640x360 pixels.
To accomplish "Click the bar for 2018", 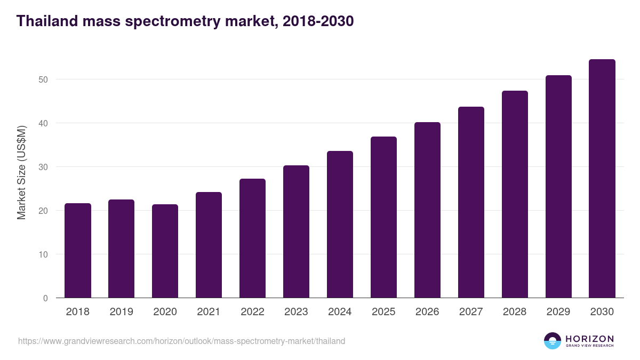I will tap(78, 251).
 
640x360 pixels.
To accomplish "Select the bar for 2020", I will tap(165, 251).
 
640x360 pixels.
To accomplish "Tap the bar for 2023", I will tap(296, 231).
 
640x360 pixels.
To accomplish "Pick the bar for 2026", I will tap(427, 210).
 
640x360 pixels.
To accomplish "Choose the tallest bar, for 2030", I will tap(602, 179).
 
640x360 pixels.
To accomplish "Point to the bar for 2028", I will tap(515, 194).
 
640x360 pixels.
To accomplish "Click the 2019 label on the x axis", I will tap(121, 312).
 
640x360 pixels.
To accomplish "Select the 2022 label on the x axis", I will tap(252, 312).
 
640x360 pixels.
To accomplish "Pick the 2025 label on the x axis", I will tap(383, 312).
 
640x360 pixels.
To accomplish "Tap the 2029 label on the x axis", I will tap(558, 312).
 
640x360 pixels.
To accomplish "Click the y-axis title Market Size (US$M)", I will tap(22, 173).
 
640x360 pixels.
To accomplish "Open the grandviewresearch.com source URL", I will tap(181, 341).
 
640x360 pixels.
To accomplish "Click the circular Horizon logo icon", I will tap(552, 341).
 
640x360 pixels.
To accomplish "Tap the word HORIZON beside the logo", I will tap(589, 339).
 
